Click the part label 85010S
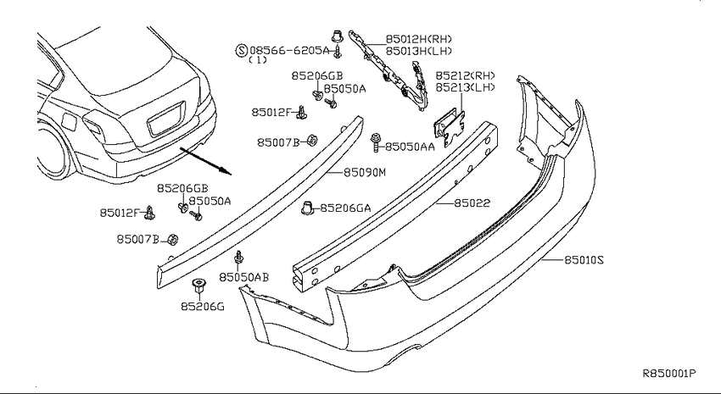point(584,260)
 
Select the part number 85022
point(472,203)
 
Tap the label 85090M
point(365,172)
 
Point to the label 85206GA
point(345,208)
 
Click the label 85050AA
point(410,147)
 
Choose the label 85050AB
point(244,277)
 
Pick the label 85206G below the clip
point(203,306)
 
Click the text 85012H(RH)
point(418,39)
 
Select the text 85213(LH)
point(466,86)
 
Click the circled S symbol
point(242,50)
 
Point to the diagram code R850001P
point(669,374)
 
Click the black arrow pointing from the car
point(205,161)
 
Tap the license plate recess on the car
point(166,119)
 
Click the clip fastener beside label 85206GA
point(307,208)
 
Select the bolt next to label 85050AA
point(376,142)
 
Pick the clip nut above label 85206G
point(198,286)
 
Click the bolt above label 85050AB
point(238,257)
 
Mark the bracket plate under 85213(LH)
point(449,125)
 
